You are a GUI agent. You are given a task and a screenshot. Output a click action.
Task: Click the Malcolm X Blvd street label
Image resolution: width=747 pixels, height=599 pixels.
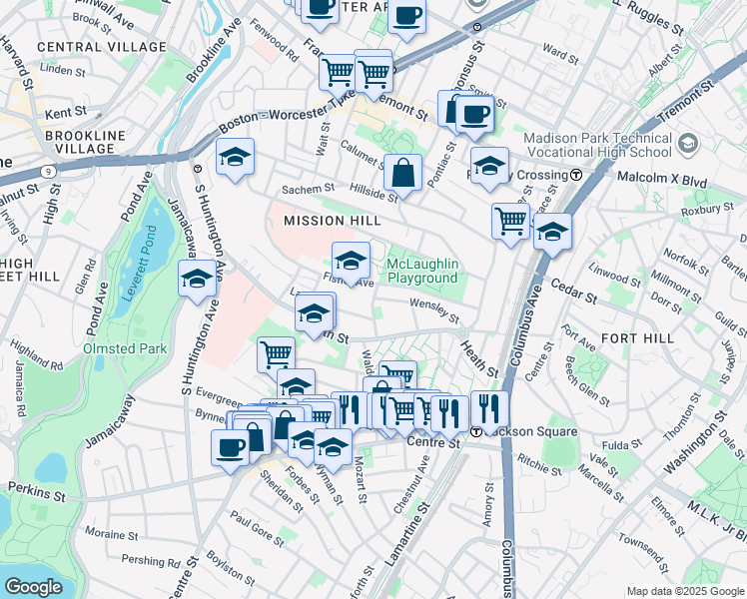639,175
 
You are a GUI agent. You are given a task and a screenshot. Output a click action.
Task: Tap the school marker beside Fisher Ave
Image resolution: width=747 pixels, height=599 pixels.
350,262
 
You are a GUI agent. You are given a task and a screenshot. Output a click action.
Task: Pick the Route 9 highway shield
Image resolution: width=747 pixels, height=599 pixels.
48,172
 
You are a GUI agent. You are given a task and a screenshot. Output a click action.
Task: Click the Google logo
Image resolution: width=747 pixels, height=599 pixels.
33,586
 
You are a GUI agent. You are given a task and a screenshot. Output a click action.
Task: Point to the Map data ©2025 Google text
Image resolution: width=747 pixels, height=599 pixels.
685,591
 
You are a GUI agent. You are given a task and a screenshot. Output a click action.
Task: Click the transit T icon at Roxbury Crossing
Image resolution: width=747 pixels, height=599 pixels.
576,175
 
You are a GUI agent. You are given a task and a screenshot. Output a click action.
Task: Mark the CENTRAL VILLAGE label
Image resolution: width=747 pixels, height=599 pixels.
101,47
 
